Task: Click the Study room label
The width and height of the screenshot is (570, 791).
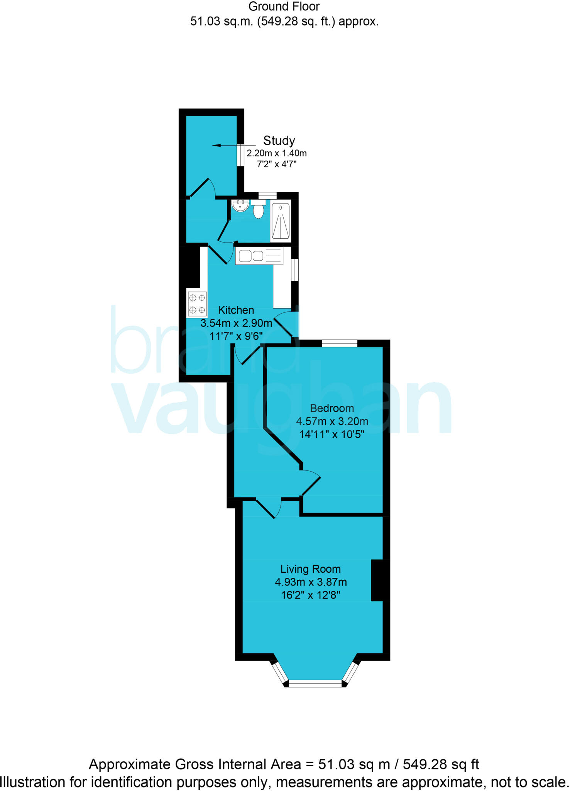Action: (279, 141)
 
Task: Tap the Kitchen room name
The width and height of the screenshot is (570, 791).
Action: (236, 310)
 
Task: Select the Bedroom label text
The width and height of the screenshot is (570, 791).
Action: (332, 408)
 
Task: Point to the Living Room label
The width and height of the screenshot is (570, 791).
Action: (311, 569)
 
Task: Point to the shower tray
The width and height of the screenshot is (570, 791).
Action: (281, 221)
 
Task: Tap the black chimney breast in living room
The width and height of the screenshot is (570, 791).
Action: (380, 581)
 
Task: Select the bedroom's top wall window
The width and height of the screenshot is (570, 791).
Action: (340, 343)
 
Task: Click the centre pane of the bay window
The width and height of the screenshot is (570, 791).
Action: (315, 684)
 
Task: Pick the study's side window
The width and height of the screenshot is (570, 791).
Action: (240, 155)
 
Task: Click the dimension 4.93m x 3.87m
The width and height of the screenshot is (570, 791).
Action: (311, 582)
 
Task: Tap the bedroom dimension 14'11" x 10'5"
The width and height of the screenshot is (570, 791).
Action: (332, 435)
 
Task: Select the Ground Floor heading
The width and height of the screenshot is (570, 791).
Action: (284, 7)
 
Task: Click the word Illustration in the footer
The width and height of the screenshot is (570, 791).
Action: (33, 783)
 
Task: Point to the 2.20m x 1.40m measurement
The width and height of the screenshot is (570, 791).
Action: (277, 153)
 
